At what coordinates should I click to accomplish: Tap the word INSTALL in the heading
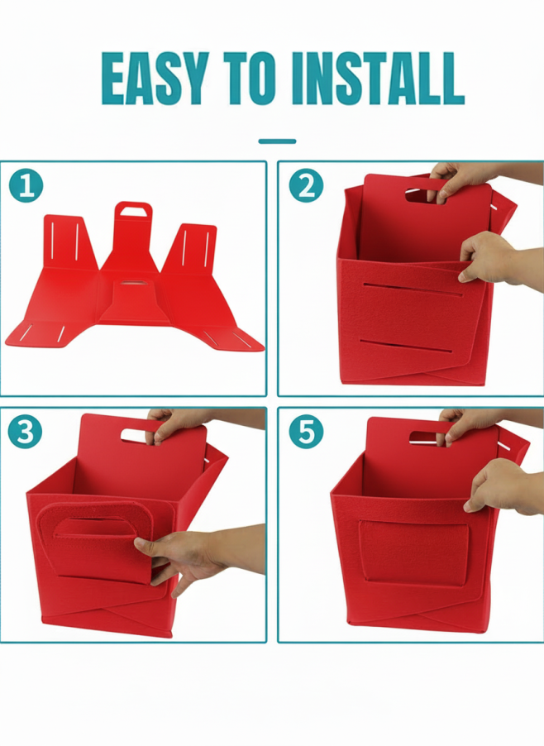[378, 79]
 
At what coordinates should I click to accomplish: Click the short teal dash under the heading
[277, 141]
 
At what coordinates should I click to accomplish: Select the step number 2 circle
[306, 185]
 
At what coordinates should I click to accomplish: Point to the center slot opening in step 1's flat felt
[134, 284]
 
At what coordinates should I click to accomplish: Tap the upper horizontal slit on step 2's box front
[413, 289]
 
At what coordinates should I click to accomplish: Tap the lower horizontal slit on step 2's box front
[406, 347]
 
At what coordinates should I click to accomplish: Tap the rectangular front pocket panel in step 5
[413, 552]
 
